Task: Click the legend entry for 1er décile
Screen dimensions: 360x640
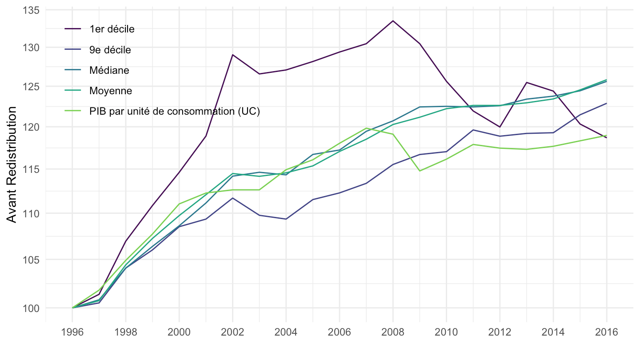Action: point(112,29)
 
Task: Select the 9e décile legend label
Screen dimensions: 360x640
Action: point(110,50)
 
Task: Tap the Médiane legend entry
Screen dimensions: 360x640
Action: point(109,70)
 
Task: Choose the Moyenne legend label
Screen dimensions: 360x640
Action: point(110,91)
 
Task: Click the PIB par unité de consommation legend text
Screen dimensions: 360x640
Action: point(174,111)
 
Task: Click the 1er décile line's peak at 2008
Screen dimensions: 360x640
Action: point(393,21)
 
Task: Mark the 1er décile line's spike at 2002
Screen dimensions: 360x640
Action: point(232,55)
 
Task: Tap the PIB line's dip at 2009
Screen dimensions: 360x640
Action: point(420,171)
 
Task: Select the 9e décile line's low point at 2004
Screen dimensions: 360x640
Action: point(286,219)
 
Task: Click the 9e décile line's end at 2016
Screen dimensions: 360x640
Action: point(606,104)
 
